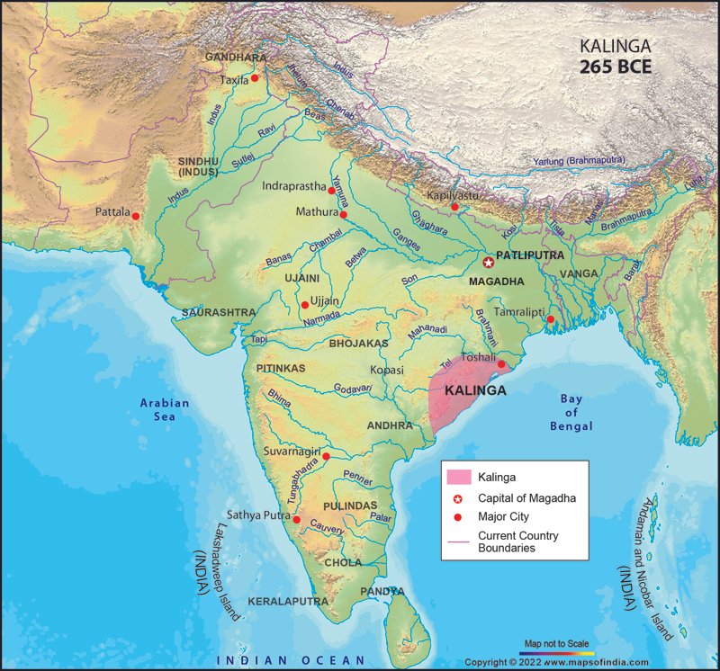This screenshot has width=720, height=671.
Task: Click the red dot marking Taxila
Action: pyautogui.click(x=255, y=78)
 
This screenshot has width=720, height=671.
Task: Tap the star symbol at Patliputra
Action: pyautogui.click(x=488, y=263)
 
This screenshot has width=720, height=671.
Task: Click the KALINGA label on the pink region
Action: pyautogui.click(x=475, y=391)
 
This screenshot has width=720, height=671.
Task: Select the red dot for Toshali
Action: pyautogui.click(x=502, y=365)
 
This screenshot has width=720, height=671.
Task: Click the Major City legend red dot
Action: pyautogui.click(x=458, y=517)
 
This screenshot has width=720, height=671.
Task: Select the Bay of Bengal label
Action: pyautogui.click(x=571, y=412)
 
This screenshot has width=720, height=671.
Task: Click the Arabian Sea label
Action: pyautogui.click(x=165, y=409)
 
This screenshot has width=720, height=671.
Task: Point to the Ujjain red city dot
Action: pyautogui.click(x=304, y=305)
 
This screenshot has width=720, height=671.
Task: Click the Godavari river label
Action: pyautogui.click(x=353, y=389)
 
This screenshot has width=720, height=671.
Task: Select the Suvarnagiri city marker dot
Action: pyautogui.click(x=327, y=456)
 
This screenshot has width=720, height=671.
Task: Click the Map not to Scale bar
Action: pyautogui.click(x=558, y=653)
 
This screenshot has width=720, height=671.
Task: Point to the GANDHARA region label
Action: pyautogui.click(x=235, y=57)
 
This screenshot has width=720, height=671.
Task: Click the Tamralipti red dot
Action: pyautogui.click(x=550, y=319)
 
